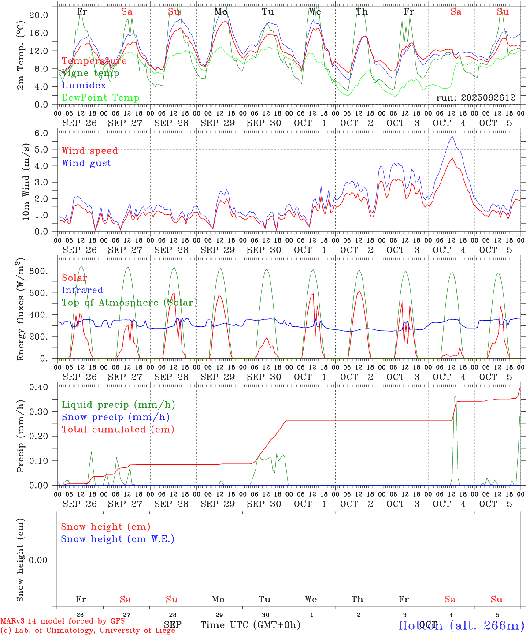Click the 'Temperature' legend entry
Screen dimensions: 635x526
tap(94, 61)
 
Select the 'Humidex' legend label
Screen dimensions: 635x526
tap(84, 86)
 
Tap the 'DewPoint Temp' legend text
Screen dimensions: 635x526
tap(100, 98)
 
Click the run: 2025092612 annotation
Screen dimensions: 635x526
tap(475, 98)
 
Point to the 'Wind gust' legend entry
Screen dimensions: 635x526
tap(86, 163)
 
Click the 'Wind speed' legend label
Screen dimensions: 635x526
tap(89, 151)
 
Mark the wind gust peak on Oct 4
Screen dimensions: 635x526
tap(452, 136)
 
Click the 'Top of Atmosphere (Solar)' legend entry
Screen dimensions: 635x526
tap(129, 303)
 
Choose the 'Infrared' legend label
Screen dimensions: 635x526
tap(82, 290)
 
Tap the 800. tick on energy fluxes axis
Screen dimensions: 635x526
tap(39, 271)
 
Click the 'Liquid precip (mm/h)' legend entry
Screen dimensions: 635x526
tap(118, 405)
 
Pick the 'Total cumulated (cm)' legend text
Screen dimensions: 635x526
tap(118, 430)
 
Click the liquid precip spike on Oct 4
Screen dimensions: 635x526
tap(456, 396)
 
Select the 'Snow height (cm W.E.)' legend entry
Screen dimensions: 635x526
tap(117, 539)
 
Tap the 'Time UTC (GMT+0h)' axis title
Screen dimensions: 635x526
tap(250, 625)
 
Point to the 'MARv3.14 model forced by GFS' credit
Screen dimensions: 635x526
tap(63, 621)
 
